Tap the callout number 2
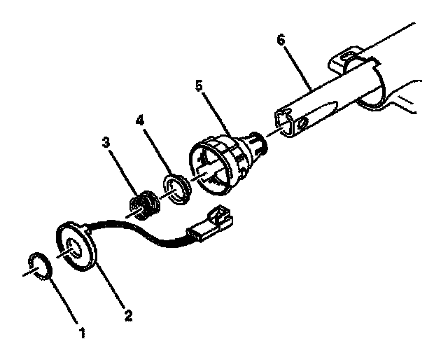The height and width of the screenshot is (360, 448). point(127,314)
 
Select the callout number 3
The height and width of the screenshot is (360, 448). point(106,142)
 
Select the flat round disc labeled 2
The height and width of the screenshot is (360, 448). point(76,246)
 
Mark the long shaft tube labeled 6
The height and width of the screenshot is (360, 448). point(329,91)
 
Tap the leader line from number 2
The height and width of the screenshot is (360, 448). point(111,288)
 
